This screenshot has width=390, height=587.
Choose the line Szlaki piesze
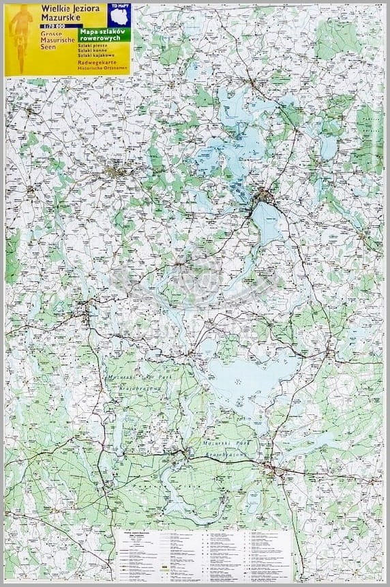click(93, 46)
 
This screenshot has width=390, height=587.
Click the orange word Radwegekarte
click(97, 63)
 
